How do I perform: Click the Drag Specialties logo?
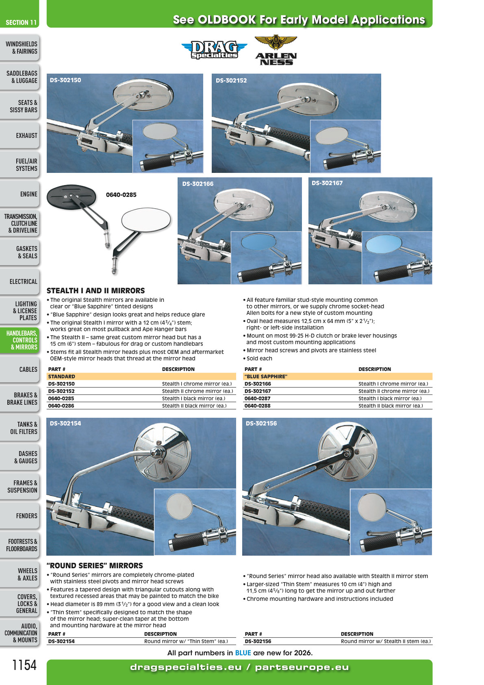pos(214,49)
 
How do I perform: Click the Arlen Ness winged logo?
pos(276,50)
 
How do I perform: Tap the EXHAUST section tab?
pos(20,135)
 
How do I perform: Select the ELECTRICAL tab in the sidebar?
pos(20,281)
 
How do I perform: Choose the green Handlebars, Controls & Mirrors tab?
pos(20,340)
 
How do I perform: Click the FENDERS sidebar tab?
pos(20,516)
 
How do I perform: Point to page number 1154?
pos(24,665)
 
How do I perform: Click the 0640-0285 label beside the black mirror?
pos(121,195)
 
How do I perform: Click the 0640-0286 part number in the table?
pos(61,406)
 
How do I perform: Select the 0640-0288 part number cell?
pos(257,406)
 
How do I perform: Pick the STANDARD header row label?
pos(61,376)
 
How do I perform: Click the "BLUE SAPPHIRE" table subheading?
pos(266,376)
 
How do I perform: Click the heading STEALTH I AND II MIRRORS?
pos(95,290)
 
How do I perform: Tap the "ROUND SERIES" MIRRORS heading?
pos(95,565)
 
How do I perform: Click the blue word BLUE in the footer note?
pos(243,653)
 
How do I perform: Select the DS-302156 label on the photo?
pos(261,423)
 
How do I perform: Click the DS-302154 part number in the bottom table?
pos(61,641)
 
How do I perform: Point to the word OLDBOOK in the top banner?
pos(227,20)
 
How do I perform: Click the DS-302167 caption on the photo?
pos(327,183)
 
